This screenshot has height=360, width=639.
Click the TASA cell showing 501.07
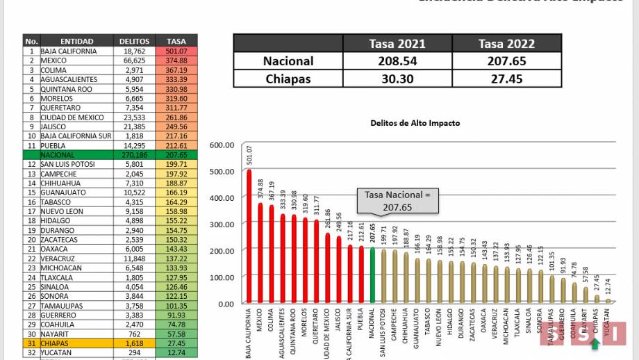(x=181, y=51)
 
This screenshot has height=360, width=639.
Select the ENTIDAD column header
(x=76, y=41)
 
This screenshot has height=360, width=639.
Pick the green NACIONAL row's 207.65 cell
(x=181, y=154)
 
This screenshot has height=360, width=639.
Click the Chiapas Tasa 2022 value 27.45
(x=506, y=79)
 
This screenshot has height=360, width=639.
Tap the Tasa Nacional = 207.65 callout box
(x=399, y=202)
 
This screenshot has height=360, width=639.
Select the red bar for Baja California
(x=249, y=236)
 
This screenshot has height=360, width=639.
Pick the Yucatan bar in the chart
(x=608, y=302)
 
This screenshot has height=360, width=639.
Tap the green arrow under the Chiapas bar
(x=595, y=342)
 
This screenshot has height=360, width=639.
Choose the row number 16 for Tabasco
(x=31, y=202)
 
